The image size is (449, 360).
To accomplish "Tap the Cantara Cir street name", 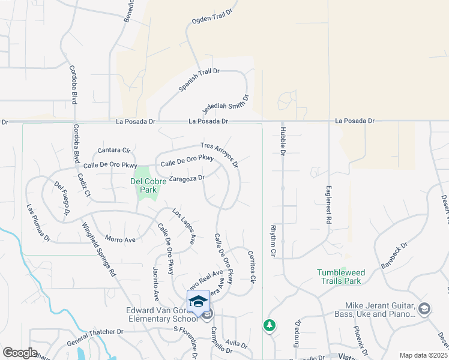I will click(114, 150).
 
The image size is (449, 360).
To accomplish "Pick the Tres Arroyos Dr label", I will click(221, 154).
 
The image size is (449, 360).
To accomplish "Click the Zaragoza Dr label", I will click(187, 178).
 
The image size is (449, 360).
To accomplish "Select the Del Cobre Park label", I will click(144, 185).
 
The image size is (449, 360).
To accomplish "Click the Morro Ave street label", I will click(120, 239).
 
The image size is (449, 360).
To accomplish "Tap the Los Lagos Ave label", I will click(184, 226).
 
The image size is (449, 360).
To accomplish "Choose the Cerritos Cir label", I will click(252, 268).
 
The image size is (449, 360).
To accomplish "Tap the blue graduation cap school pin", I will click(199, 301).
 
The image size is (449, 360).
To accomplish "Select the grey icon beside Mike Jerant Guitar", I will click(424, 308).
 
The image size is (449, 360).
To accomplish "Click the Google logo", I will click(19, 353).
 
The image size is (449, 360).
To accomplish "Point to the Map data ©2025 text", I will click(423, 355).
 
